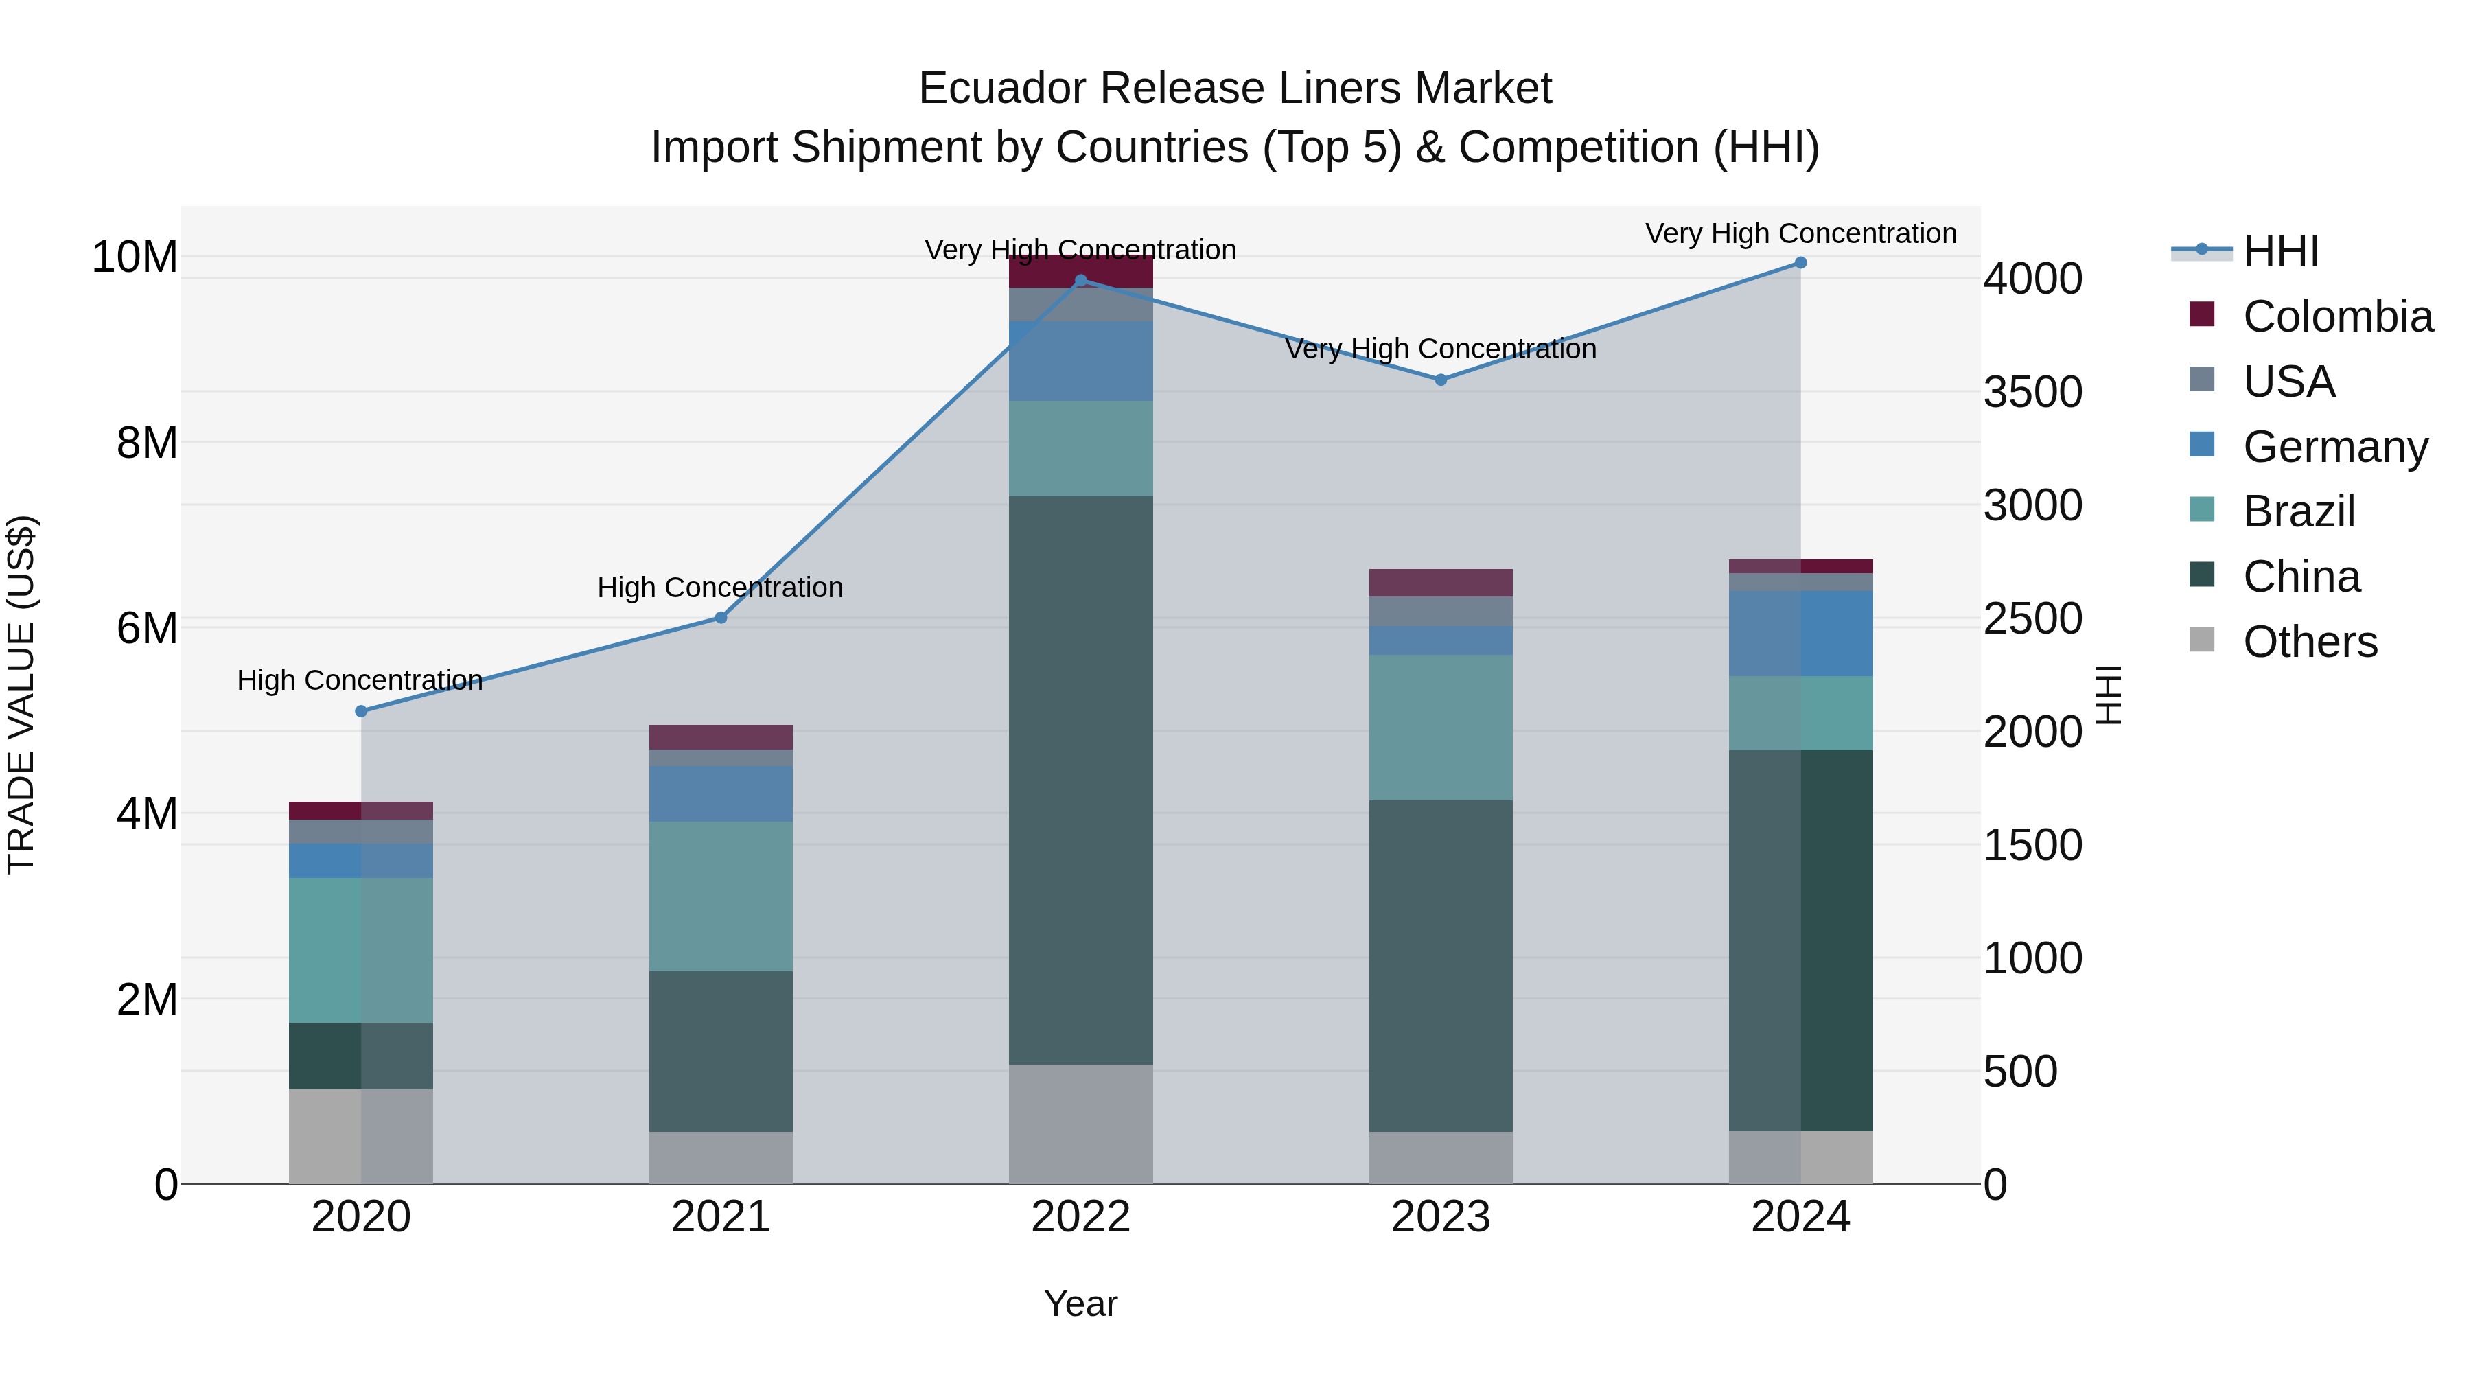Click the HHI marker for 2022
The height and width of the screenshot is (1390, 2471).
[x=1081, y=280]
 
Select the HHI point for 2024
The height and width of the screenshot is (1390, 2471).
[x=1800, y=263]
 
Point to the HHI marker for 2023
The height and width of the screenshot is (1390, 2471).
[x=1441, y=380]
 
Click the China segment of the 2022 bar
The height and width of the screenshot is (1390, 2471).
[x=1081, y=779]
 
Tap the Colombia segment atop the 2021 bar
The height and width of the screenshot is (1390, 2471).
[x=721, y=737]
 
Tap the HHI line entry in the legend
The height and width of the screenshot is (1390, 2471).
[x=2280, y=251]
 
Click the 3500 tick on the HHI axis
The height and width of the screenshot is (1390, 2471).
[x=2032, y=393]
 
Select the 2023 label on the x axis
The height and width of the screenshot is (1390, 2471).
[x=1441, y=1217]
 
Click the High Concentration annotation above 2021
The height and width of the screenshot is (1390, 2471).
[x=721, y=587]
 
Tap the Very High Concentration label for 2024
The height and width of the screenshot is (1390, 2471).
[x=1800, y=233]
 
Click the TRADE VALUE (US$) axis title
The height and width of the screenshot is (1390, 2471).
[x=22, y=695]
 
